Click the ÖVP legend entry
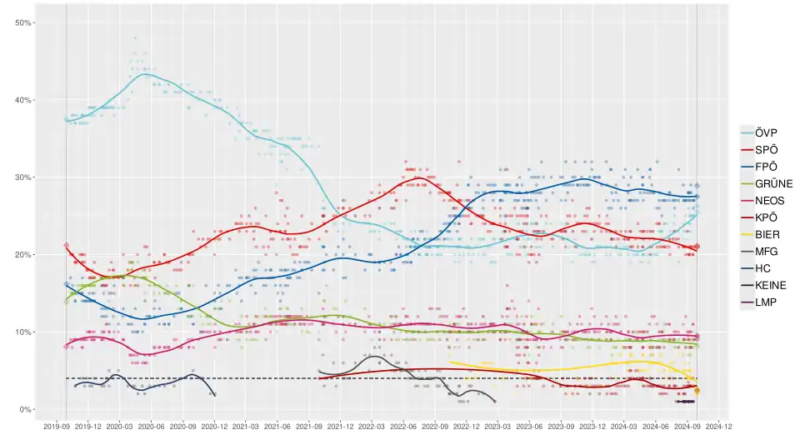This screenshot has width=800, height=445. point(766,132)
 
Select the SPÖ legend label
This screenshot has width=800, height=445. point(766,149)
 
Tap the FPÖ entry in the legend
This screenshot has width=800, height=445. point(766,167)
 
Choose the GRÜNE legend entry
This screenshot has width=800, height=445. point(772,183)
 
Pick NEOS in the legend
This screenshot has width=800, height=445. point(770,200)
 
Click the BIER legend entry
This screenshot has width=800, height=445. point(767,234)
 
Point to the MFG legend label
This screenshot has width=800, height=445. point(767,251)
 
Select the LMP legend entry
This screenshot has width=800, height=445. point(766,302)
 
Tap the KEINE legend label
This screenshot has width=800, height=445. point(770,285)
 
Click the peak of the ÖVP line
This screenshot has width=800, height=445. point(145,74)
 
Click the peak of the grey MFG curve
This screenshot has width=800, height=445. point(372,357)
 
